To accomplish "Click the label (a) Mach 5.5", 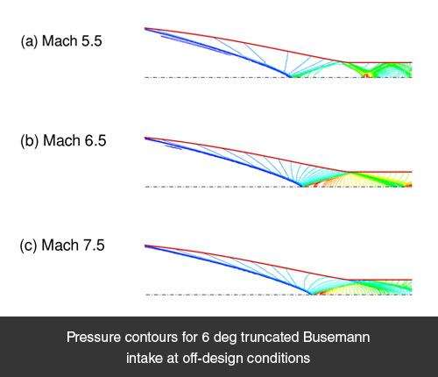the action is [61, 41].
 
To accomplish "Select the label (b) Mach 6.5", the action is [63, 140].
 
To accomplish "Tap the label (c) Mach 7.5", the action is [62, 245].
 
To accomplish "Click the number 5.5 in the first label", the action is [92, 41].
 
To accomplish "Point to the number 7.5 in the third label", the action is [94, 245].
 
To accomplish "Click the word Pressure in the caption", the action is [94, 338].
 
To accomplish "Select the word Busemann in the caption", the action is [336, 338].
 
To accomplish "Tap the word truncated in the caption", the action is [270, 338].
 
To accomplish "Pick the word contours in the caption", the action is [152, 338].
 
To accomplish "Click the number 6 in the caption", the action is [205, 338].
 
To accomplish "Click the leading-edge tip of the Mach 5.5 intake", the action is [145, 28].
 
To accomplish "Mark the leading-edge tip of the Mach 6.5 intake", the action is [145, 138].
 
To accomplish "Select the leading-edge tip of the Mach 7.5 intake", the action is [145, 245].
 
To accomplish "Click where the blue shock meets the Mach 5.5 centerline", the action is [290, 77].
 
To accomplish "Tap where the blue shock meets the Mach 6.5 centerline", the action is [301, 186].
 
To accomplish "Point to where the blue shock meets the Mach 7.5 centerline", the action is [311, 294].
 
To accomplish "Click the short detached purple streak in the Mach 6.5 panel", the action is [173, 146].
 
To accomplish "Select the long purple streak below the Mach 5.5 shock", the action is [195, 45].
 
